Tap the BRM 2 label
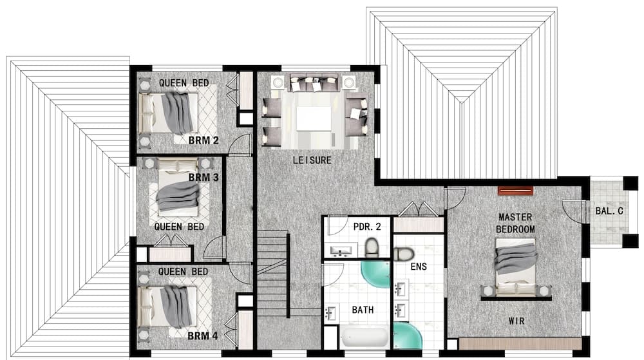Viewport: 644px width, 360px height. click(203, 140)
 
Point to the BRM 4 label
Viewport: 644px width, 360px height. click(202, 336)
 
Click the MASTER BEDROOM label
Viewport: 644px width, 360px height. click(516, 223)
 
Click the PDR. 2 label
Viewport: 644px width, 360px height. click(365, 227)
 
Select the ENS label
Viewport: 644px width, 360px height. click(419, 265)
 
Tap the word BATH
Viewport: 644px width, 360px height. click(363, 310)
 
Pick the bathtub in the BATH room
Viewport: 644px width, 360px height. click(364, 338)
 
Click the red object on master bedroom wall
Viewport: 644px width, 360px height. click(516, 191)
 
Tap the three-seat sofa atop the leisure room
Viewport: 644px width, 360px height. click(314, 84)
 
